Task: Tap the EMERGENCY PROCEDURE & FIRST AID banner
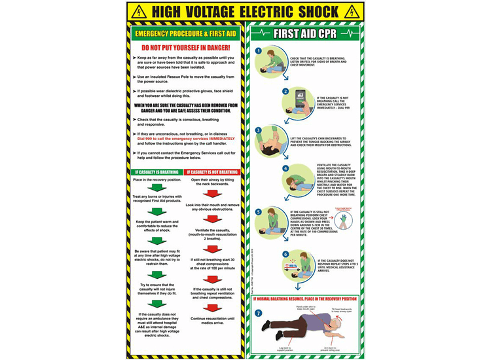pyautogui.click(x=186, y=33)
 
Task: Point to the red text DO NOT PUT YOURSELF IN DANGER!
pyautogui.click(x=186, y=48)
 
